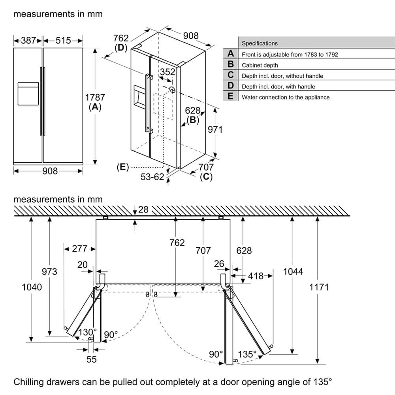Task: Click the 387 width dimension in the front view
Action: click(28, 40)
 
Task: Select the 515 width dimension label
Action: click(63, 40)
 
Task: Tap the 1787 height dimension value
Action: click(95, 97)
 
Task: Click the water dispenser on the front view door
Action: click(28, 94)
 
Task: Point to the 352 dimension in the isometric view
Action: click(167, 72)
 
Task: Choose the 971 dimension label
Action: click(215, 130)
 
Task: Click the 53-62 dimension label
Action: click(152, 177)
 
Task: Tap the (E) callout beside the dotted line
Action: click(123, 167)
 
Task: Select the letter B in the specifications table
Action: click(231, 64)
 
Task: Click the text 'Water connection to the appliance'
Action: click(286, 97)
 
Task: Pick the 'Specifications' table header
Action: click(260, 43)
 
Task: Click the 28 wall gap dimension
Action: click(143, 209)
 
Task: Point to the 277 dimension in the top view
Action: click(80, 248)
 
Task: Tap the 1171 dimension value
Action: click(319, 287)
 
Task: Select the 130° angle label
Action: click(87, 332)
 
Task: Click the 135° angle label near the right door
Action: click(247, 354)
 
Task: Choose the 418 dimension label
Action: click(256, 276)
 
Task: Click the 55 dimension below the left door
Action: click(92, 359)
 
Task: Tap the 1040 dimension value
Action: click(32, 287)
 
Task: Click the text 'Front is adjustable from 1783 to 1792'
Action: click(290, 55)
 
